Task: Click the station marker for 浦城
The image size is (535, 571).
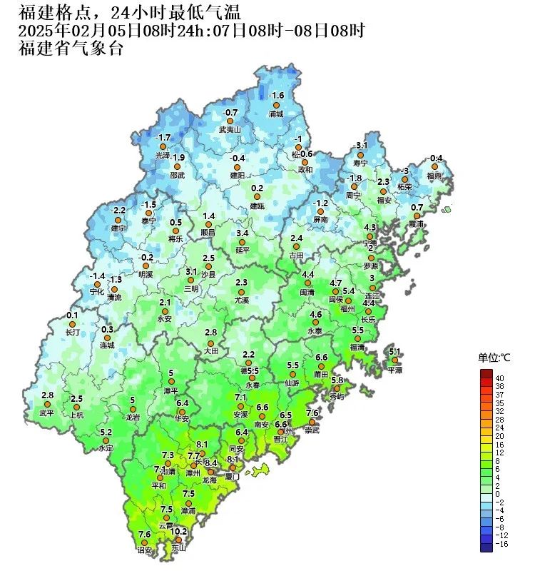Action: [x=276, y=104]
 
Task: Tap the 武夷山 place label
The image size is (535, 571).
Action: [x=230, y=130]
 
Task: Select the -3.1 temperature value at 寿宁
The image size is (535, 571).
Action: [x=361, y=146]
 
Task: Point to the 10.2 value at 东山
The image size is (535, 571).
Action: [x=179, y=531]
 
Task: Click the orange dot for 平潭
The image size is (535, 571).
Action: [x=394, y=360]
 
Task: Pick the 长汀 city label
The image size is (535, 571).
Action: [x=73, y=333]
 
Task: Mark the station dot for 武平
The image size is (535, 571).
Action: [x=48, y=404]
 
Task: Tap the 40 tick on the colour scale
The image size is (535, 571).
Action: [x=500, y=378]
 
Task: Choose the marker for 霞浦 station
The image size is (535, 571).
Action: [x=417, y=216]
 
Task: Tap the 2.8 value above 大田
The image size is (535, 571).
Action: [x=210, y=333]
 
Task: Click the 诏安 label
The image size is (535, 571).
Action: [x=144, y=550]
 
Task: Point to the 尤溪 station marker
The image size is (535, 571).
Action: [x=241, y=292]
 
